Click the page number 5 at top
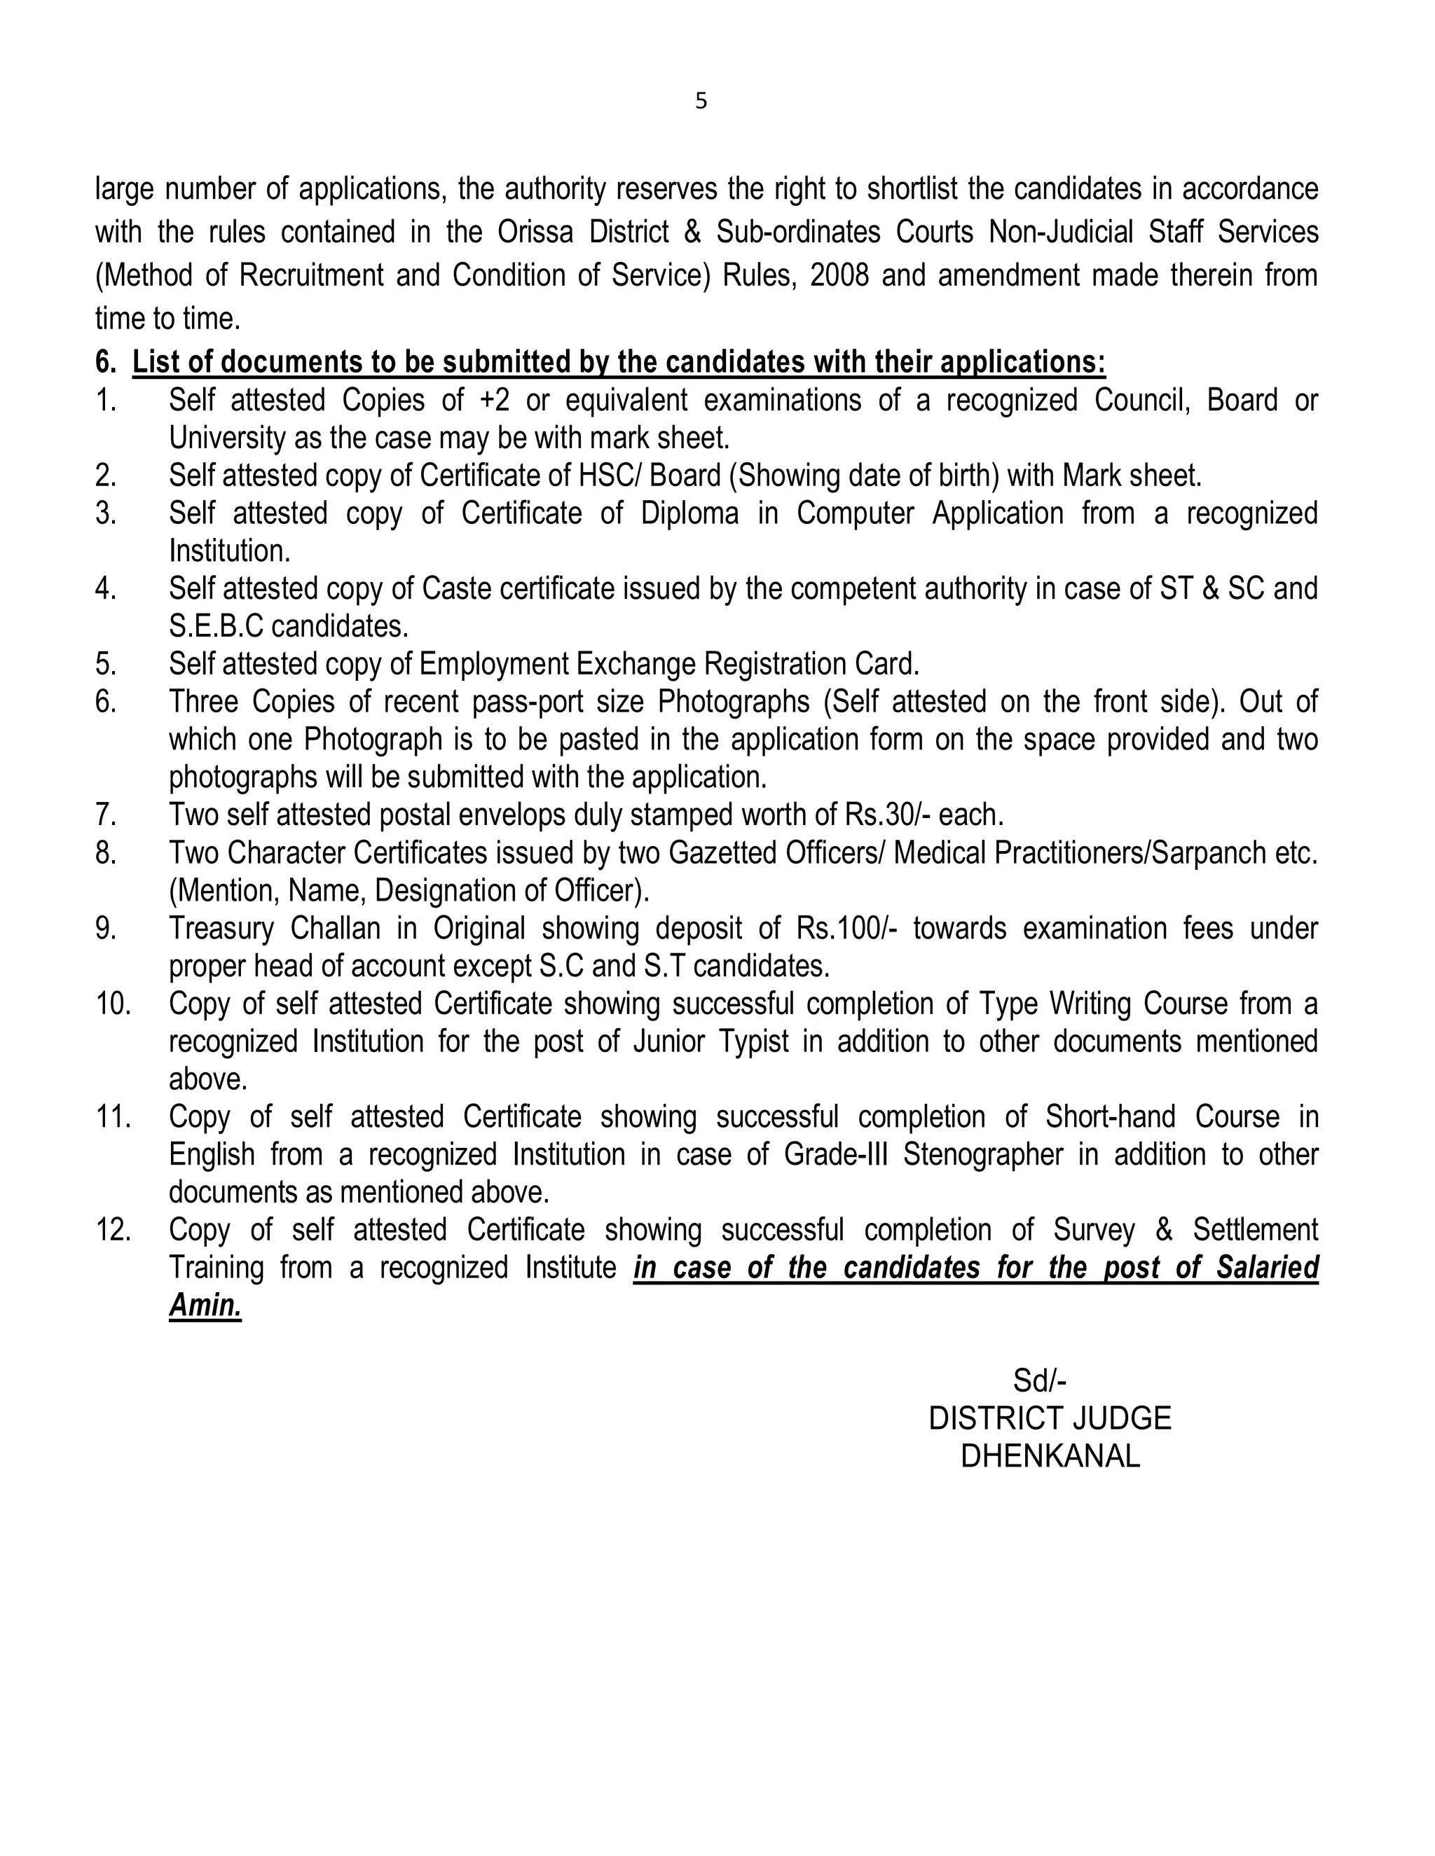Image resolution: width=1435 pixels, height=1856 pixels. pyautogui.click(x=701, y=101)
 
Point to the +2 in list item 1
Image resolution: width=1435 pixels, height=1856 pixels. pyautogui.click(x=494, y=399)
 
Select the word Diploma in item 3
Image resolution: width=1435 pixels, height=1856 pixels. pyautogui.click(x=689, y=513)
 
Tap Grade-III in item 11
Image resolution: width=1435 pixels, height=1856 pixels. pyautogui.click(x=834, y=1154)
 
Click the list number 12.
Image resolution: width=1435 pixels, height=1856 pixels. pyautogui.click(x=112, y=1230)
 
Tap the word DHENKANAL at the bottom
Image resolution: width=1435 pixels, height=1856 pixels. pyautogui.click(x=1050, y=1457)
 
